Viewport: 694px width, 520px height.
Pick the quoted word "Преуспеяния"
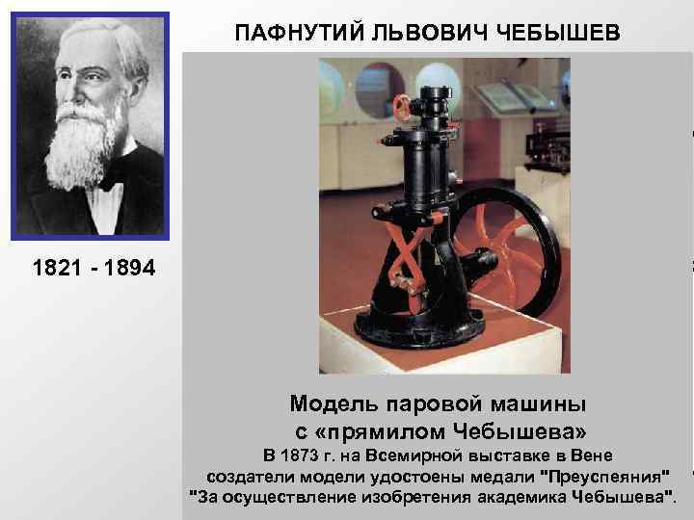(x=604, y=476)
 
